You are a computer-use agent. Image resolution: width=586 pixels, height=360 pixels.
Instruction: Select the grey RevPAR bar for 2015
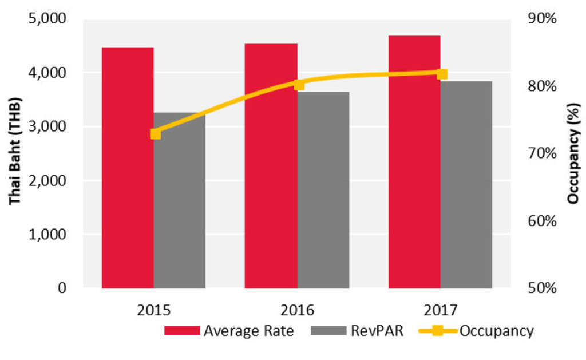click(179, 200)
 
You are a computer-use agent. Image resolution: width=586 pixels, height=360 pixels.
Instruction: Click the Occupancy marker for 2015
click(155, 133)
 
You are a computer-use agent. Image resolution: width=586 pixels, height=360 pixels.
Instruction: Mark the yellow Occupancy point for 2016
click(299, 85)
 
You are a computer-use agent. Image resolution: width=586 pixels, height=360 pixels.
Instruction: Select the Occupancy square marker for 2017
click(442, 74)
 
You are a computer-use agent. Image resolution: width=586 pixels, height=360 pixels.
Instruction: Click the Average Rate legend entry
click(229, 331)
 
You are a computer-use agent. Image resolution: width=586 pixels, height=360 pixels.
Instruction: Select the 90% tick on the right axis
click(543, 19)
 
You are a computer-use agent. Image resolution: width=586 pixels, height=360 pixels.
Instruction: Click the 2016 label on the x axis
click(298, 310)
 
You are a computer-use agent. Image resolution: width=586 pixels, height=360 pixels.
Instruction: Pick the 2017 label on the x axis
click(441, 310)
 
